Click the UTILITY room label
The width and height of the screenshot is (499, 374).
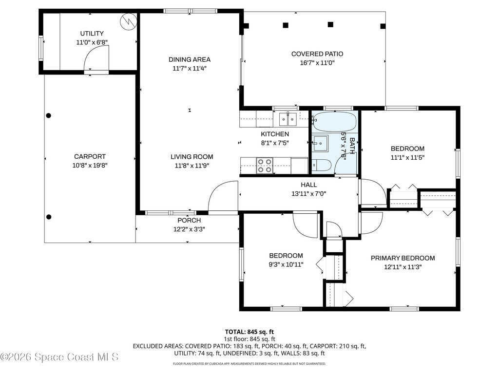[x=92, y=34]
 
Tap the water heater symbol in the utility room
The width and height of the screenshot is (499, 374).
[x=128, y=21]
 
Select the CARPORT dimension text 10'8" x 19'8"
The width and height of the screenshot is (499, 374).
[x=90, y=166]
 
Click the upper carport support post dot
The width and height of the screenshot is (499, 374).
[x=48, y=115]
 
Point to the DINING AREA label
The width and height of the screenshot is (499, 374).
[x=190, y=59]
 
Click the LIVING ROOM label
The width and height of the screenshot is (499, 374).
[x=192, y=157]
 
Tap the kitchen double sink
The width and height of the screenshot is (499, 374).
[x=288, y=119]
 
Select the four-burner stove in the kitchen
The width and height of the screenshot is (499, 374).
[x=265, y=166]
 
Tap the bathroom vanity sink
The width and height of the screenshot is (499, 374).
[x=320, y=144]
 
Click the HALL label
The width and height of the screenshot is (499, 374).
[x=308, y=185]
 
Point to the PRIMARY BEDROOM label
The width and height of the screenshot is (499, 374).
[x=403, y=258]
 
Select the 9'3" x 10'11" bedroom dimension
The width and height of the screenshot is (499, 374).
[x=286, y=264]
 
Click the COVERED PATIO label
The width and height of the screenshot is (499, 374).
[x=317, y=54]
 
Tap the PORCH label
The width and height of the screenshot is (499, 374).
[x=189, y=221]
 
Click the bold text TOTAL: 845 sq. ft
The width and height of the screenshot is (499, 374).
[x=249, y=332]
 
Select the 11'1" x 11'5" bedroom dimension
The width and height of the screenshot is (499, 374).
[x=407, y=157]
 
